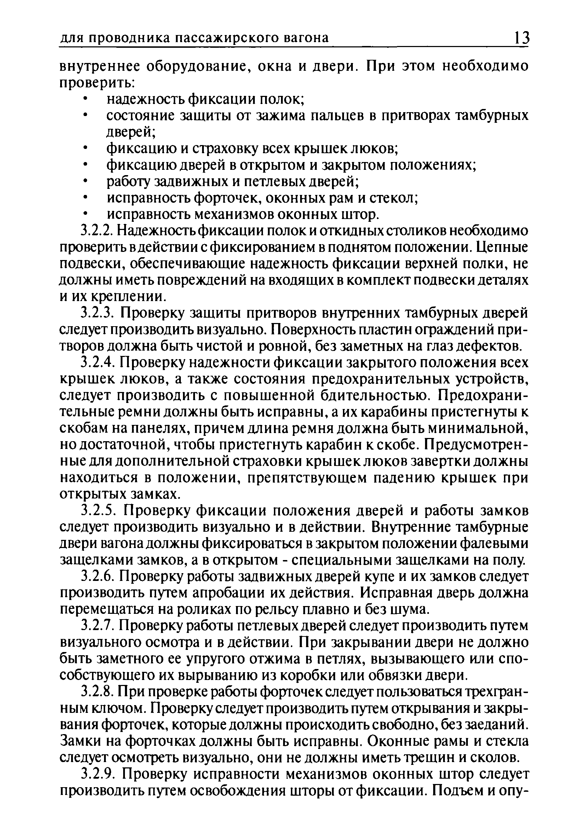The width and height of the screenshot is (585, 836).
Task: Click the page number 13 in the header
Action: [x=521, y=38]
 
